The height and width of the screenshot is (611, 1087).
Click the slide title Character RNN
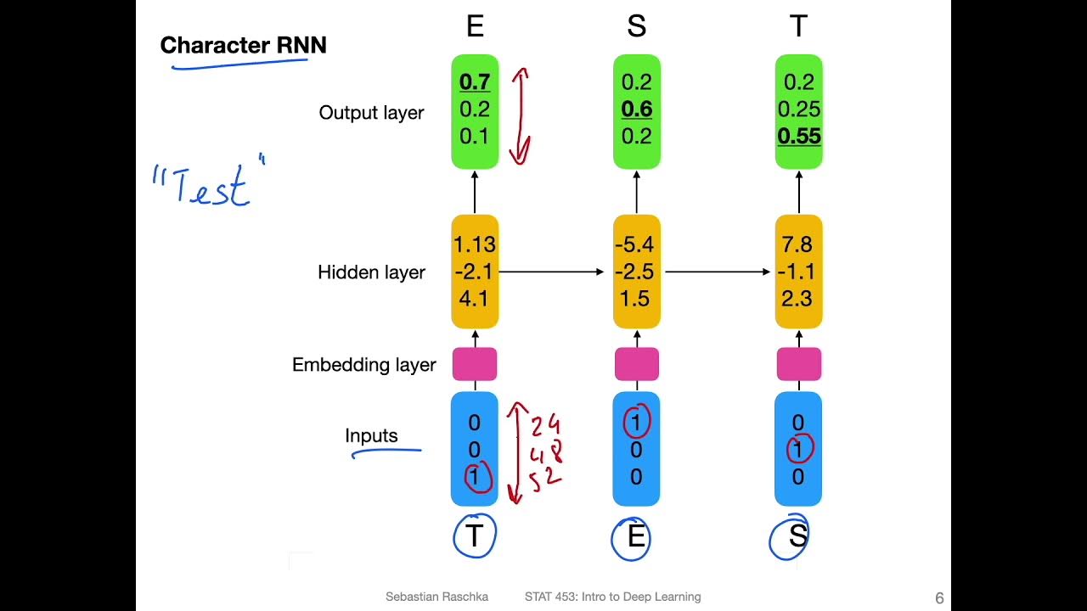click(243, 45)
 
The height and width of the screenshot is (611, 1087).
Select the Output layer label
click(371, 113)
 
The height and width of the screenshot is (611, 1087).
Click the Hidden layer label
click(371, 272)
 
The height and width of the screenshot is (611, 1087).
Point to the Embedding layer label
click(363, 365)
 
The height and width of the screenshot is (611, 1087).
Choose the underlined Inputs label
click(371, 436)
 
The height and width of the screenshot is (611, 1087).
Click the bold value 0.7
click(475, 82)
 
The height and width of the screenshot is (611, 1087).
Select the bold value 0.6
click(636, 109)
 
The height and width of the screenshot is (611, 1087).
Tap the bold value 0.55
click(799, 137)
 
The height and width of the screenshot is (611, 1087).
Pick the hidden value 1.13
click(475, 244)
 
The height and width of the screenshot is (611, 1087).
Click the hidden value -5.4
click(636, 244)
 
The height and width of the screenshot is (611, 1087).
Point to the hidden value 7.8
click(797, 244)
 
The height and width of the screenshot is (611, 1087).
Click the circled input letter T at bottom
click(474, 536)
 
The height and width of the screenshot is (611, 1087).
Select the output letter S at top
click(636, 27)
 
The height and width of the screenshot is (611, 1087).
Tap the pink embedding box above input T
click(475, 364)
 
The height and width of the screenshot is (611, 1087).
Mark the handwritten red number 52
click(545, 479)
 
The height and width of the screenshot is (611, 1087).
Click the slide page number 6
click(939, 598)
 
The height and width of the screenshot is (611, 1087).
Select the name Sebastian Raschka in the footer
click(436, 597)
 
